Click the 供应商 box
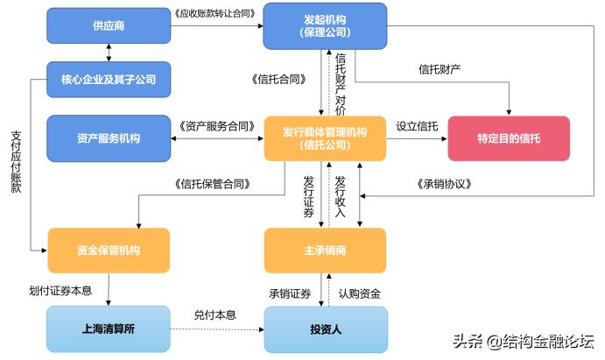[x=108, y=25]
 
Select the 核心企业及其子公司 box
[x=108, y=79]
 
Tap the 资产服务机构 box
[x=108, y=138]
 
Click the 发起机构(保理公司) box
[x=324, y=25]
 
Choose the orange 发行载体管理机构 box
[x=324, y=138]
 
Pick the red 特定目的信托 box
[x=509, y=138]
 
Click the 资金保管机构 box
[x=108, y=251]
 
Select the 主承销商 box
[x=324, y=251]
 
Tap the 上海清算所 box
[x=108, y=329]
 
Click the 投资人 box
[x=324, y=329]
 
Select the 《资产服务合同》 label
[x=216, y=126]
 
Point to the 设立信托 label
[x=417, y=126]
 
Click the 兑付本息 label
[x=215, y=315]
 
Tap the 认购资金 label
[x=361, y=293]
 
